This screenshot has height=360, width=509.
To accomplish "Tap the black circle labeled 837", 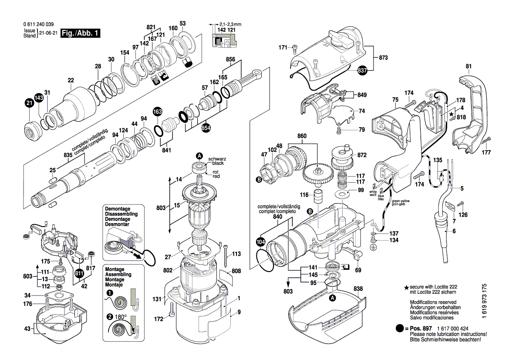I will click(x=362, y=70).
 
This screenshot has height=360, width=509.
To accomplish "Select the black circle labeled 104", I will click(x=260, y=242).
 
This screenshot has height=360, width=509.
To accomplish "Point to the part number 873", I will click(x=383, y=58).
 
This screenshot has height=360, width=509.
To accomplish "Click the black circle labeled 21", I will click(x=29, y=103).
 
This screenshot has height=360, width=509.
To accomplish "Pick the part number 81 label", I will click(x=469, y=66).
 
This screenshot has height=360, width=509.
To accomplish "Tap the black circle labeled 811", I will click(x=79, y=274).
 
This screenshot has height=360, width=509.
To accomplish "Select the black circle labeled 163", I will click(x=157, y=112).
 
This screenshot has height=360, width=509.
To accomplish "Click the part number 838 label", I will click(x=358, y=289).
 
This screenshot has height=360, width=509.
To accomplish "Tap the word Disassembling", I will click(x=121, y=214).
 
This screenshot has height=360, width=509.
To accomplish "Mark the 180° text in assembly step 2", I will click(x=120, y=317).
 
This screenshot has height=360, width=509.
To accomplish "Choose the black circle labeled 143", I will click(x=39, y=98).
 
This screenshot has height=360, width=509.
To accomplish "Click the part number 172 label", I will click(x=159, y=319).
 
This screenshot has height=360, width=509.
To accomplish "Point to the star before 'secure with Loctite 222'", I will click(x=407, y=287).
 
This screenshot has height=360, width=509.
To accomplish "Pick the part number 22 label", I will click(x=71, y=80).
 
